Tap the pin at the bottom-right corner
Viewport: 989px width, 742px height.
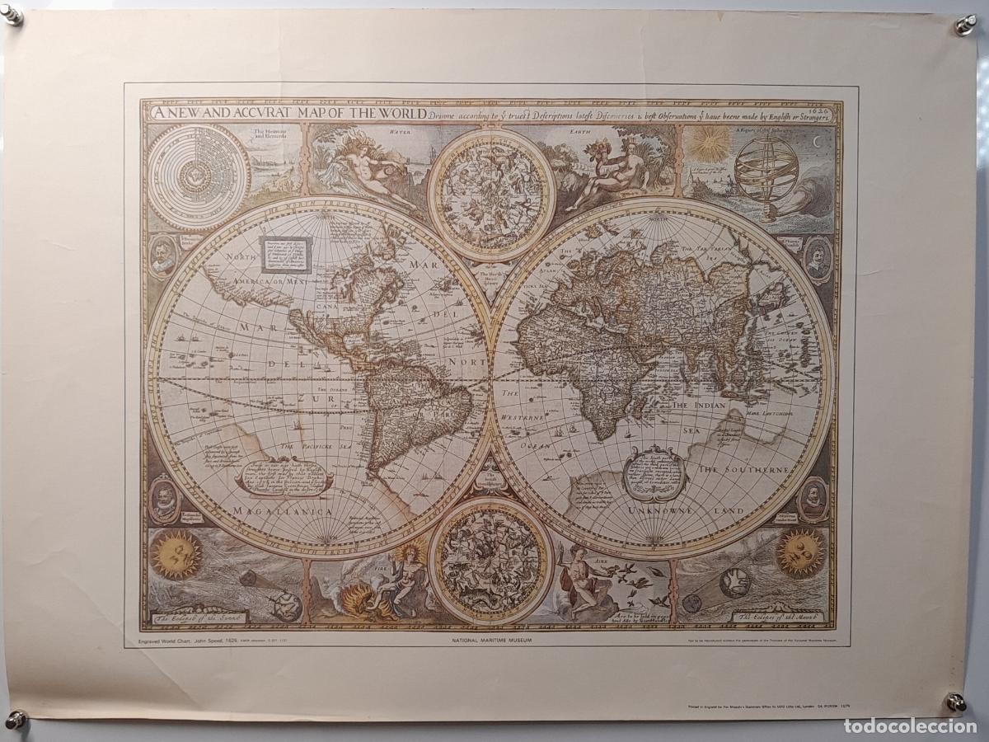pos(955,702)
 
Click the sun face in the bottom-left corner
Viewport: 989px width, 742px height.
pos(176,554)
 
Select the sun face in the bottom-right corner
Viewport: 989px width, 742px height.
pos(800,553)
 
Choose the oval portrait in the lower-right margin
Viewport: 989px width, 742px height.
pos(813,499)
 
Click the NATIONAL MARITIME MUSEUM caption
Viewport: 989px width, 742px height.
pos(494,639)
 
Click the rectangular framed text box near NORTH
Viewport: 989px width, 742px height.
pos(287,255)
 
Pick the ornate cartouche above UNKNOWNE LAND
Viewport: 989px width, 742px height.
pos(654,473)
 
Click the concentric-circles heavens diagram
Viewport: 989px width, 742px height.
pos(198,176)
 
